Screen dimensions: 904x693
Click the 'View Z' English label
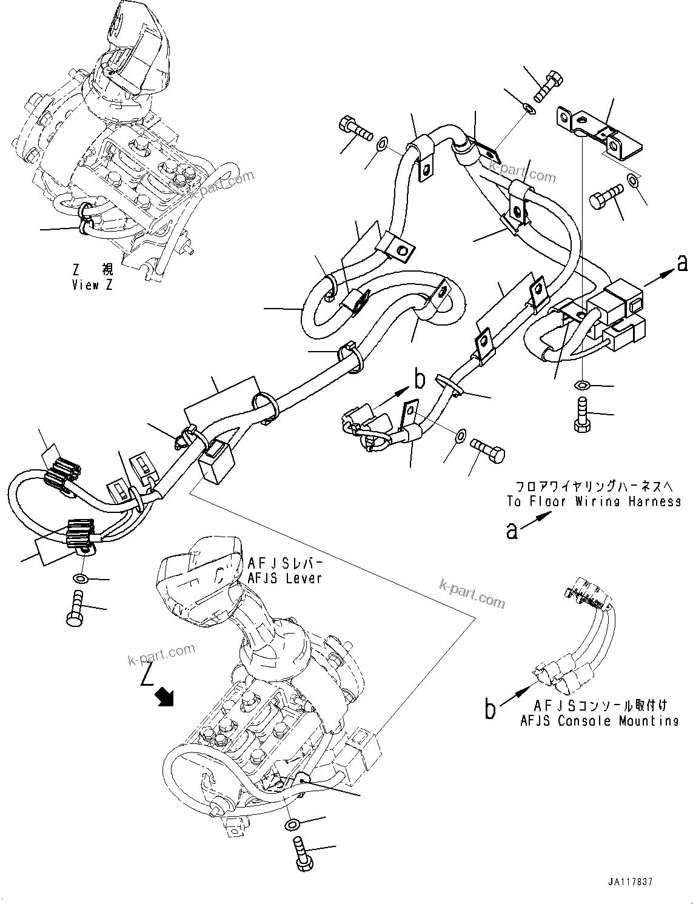pyautogui.click(x=92, y=285)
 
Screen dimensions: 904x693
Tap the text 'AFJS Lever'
pyautogui.click(x=284, y=578)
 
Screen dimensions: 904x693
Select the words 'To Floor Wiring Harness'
pyautogui.click(x=594, y=501)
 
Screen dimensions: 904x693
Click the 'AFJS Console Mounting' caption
pyautogui.click(x=599, y=721)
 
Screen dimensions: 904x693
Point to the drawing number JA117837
pyautogui.click(x=629, y=882)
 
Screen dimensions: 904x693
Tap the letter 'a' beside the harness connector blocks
pyautogui.click(x=682, y=263)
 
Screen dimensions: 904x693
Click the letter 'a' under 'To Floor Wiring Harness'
pyautogui.click(x=513, y=531)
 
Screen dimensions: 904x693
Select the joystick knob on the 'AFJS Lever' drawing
pyautogui.click(x=198, y=578)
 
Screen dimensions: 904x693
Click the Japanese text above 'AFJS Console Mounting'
pyautogui.click(x=600, y=706)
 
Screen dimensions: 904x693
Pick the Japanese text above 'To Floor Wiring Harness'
pyautogui.click(x=589, y=487)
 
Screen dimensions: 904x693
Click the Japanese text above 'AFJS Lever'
pyautogui.click(x=284, y=563)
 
